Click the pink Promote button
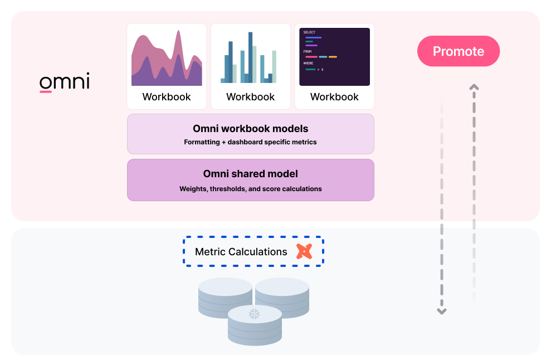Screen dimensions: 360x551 coord(459,51)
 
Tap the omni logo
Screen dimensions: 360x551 coord(64,82)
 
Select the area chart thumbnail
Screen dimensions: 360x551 coord(167,57)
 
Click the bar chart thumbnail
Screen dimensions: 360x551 coord(250,57)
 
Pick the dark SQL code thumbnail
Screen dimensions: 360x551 coord(334,57)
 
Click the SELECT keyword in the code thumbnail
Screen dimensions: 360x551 coord(309,32)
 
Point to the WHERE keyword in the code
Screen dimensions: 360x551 coord(309,64)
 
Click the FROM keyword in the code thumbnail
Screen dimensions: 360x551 coord(308,51)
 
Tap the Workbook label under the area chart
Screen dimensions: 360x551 coord(167,97)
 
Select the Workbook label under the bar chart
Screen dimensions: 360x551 coord(250,97)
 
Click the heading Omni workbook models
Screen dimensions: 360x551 coord(250,129)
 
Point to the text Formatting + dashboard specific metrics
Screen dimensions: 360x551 coord(250,142)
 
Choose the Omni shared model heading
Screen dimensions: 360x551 coord(250,174)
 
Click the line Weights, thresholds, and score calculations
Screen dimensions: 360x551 coord(250,189)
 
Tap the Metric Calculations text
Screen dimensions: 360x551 coord(241,252)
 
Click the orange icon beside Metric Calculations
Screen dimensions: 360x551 coord(304,252)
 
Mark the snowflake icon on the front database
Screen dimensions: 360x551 coord(254,314)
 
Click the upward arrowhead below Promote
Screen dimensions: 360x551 coord(474,87)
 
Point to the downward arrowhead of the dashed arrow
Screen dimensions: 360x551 coord(441,312)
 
